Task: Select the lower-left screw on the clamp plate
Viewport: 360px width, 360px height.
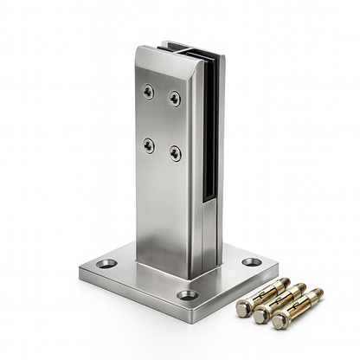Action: point(149,145)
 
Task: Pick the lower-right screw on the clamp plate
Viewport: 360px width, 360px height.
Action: point(175,153)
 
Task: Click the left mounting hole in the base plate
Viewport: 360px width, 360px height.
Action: point(106,262)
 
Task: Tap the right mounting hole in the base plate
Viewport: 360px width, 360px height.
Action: point(251,261)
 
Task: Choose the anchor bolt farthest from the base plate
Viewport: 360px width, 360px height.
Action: point(295,308)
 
